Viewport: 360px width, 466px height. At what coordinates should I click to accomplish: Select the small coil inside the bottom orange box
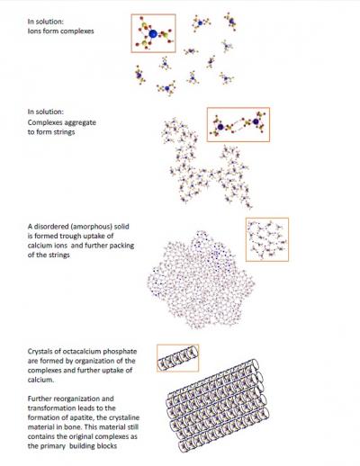tap(178, 359)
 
